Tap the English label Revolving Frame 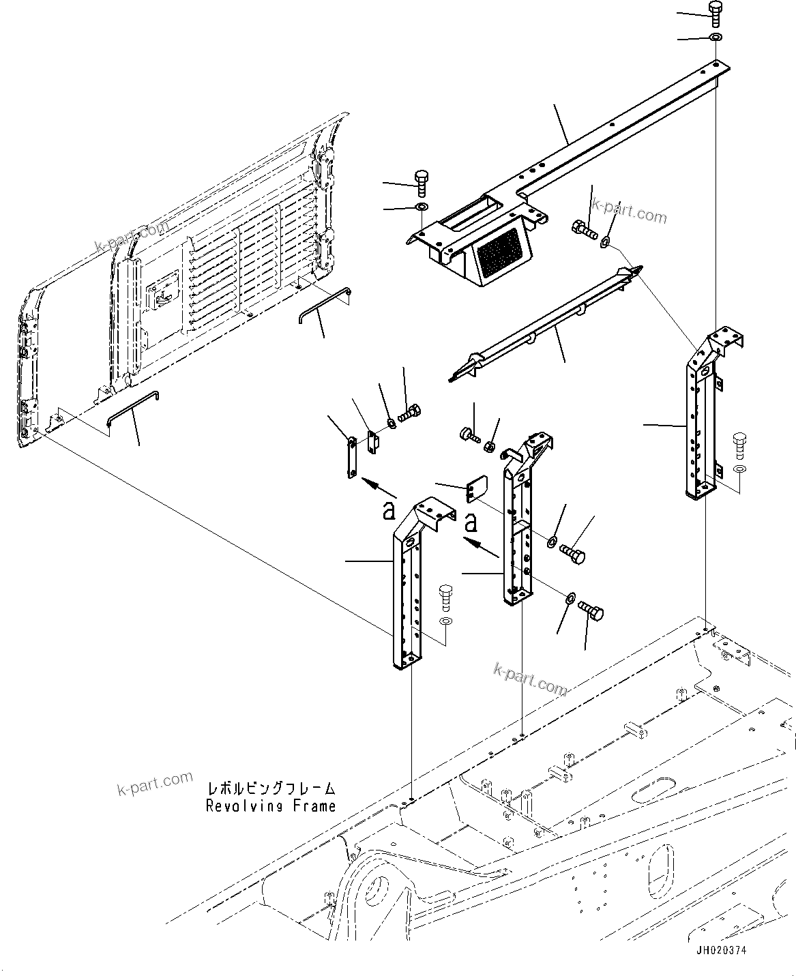coord(271,805)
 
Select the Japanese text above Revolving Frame coord(271,789)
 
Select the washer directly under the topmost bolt coord(715,36)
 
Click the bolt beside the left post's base coord(446,596)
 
